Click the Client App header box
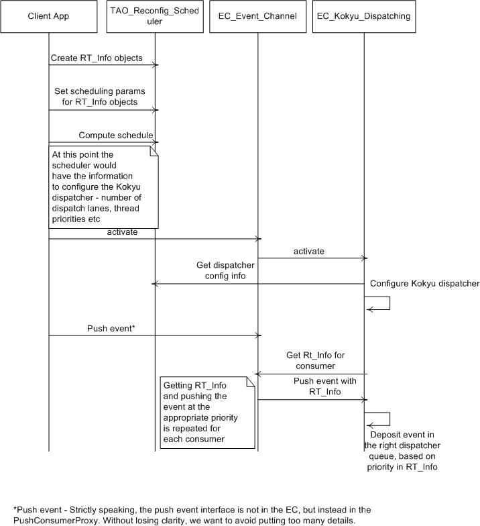pos(48,16)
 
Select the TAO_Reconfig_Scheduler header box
pos(155,16)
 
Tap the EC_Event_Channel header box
pos(257,16)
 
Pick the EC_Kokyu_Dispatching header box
pos(364,16)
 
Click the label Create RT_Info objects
pos(97,58)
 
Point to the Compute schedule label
pos(116,136)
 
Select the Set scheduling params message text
pos(99,97)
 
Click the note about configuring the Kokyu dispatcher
pos(103,187)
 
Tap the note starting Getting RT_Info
pos(208,413)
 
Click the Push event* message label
pos(111,329)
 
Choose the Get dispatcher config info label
pos(225,270)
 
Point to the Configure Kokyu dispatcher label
pos(425,283)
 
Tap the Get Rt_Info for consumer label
pos(315,361)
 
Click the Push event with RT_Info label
pos(324,386)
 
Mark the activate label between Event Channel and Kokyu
pos(308,251)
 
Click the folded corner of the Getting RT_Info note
pos(251,381)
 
